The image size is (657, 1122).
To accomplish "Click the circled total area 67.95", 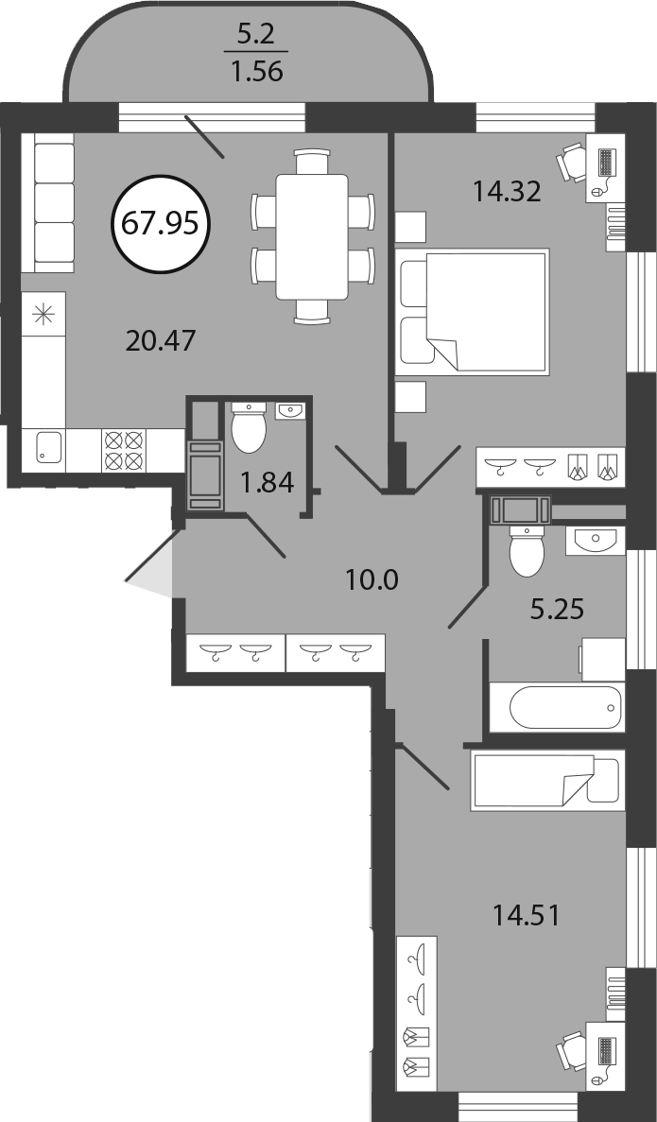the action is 161,224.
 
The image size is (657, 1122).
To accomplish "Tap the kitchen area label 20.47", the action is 161,340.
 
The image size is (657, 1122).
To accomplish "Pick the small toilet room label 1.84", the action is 267,483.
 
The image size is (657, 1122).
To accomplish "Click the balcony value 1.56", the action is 257,72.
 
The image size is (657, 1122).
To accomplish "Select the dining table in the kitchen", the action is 313,236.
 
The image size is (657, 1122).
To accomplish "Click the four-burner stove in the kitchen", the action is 124,450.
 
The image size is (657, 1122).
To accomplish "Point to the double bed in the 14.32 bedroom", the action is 473,311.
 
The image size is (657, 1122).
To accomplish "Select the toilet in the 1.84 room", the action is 249,427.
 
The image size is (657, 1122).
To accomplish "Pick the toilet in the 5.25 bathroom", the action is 527,550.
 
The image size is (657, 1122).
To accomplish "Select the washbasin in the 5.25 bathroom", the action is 595,541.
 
